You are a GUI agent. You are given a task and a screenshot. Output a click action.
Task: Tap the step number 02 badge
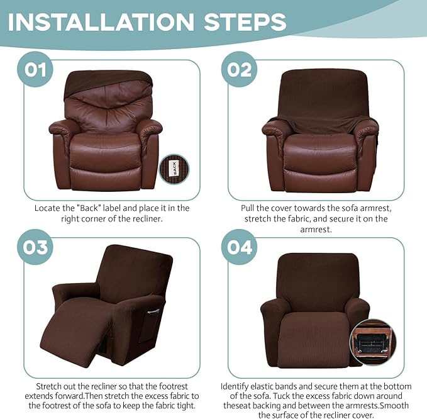[238, 69]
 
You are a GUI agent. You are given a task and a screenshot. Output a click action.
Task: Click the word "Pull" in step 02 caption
[250, 208]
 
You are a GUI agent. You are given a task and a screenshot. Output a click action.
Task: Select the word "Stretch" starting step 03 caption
[50, 386]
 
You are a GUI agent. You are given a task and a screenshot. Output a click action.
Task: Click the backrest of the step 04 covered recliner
[314, 277]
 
